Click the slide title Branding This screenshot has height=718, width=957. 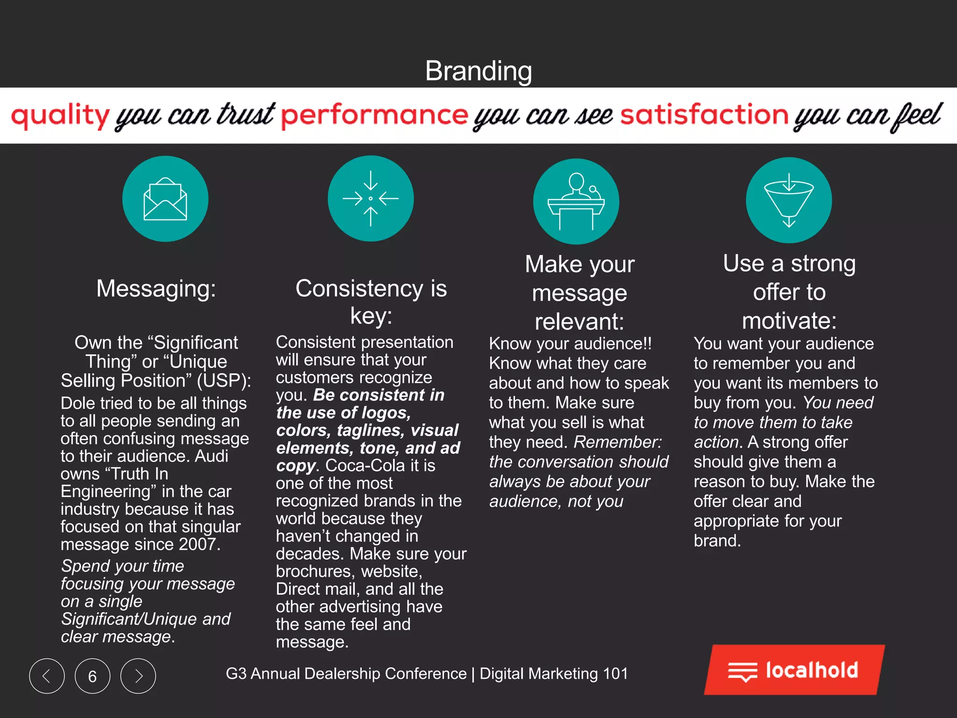[x=478, y=71]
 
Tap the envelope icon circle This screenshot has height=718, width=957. [x=165, y=199]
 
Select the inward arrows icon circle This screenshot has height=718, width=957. [x=371, y=199]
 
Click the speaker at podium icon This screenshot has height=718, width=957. [x=576, y=201]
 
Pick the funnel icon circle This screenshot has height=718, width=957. [x=789, y=200]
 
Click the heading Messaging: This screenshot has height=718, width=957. [x=156, y=288]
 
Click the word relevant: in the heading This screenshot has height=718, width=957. [x=579, y=322]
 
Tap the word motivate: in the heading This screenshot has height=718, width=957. [x=789, y=321]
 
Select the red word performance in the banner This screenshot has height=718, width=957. [x=374, y=115]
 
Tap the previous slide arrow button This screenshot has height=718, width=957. [x=47, y=676]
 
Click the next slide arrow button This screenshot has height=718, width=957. [x=138, y=676]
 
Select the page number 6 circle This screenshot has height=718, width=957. [x=93, y=676]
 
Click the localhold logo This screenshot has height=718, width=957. [x=794, y=670]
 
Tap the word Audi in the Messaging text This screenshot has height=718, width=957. [x=211, y=456]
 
